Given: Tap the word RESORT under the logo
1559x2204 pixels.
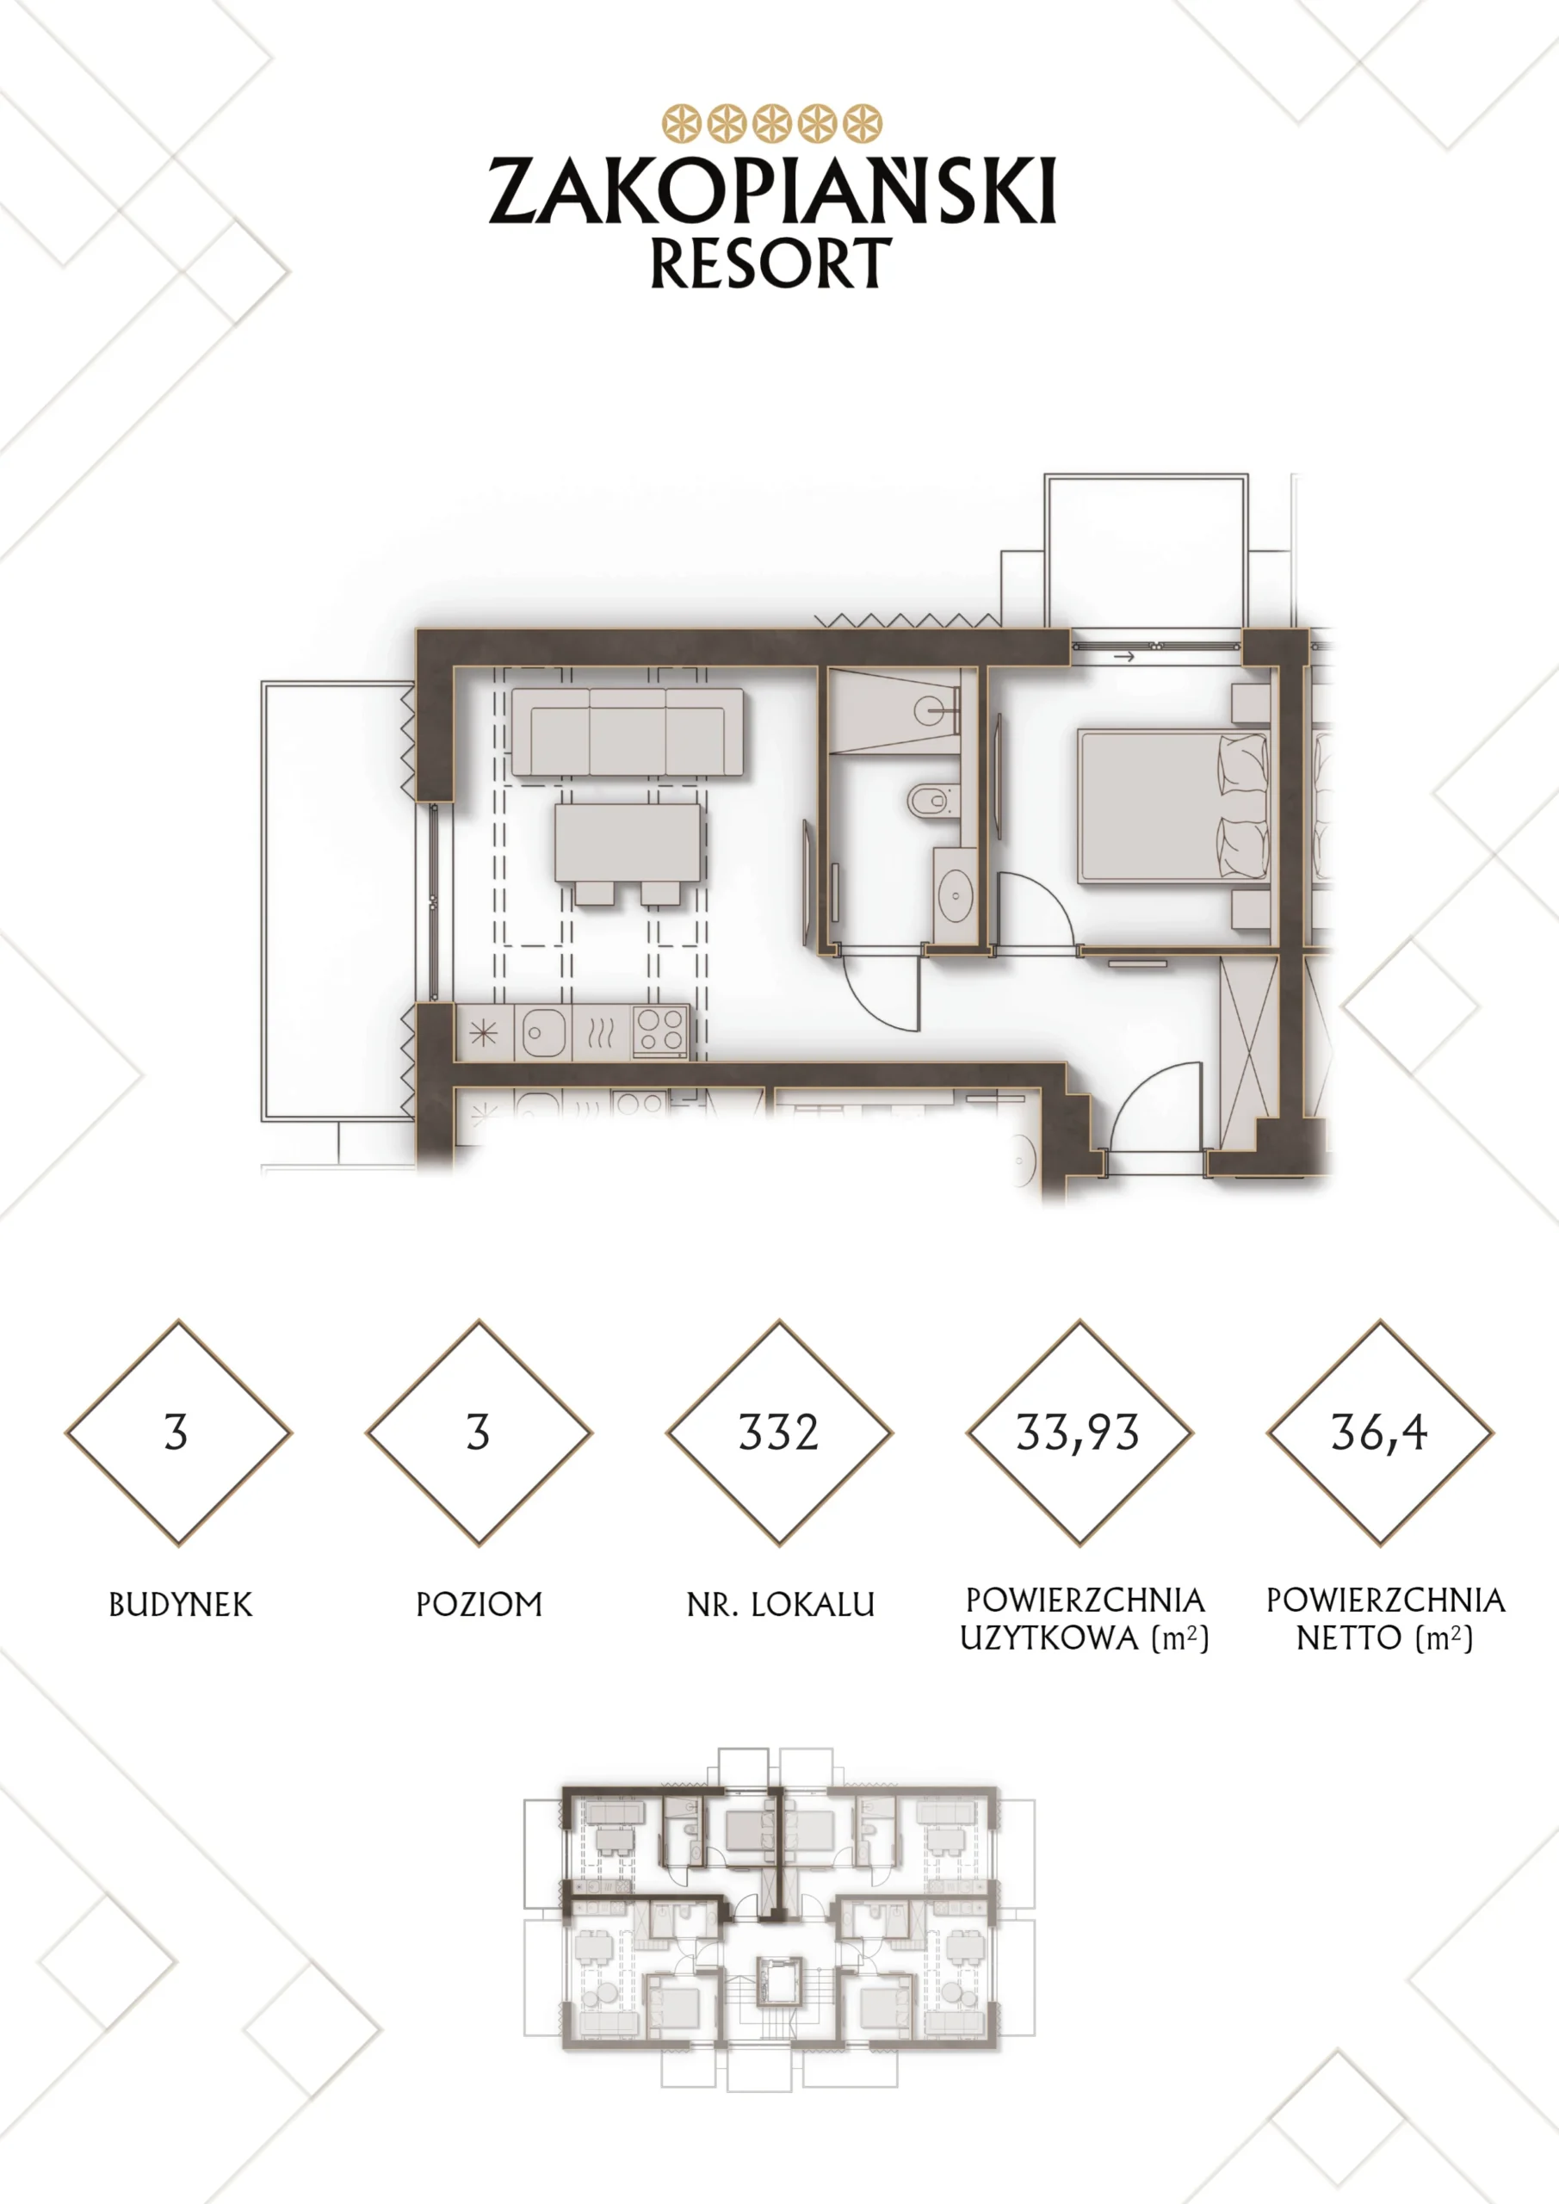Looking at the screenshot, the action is (770, 263).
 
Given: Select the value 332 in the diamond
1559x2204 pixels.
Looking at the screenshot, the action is (778, 1433).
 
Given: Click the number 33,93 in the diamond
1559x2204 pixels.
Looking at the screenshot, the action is (1078, 1433).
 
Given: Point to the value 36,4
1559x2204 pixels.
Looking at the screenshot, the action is (1379, 1433).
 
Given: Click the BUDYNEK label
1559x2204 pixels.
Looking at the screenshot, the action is (181, 1605).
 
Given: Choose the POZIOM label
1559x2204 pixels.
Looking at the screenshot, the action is (479, 1605).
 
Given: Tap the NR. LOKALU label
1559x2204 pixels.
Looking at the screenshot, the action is (781, 1605).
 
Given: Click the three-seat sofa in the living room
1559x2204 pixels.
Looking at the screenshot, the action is (628, 732).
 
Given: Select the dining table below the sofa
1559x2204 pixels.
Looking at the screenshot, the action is (628, 844).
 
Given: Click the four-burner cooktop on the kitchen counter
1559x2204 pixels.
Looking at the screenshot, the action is (660, 1032).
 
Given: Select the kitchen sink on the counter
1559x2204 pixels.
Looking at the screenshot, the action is (542, 1033).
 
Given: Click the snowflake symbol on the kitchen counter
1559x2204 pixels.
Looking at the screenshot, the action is (483, 1033).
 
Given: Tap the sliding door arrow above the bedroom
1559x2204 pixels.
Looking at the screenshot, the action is (1124, 658).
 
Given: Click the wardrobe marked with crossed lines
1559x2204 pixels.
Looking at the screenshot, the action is (1249, 1049).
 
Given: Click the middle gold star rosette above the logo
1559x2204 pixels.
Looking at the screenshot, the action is (772, 124).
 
